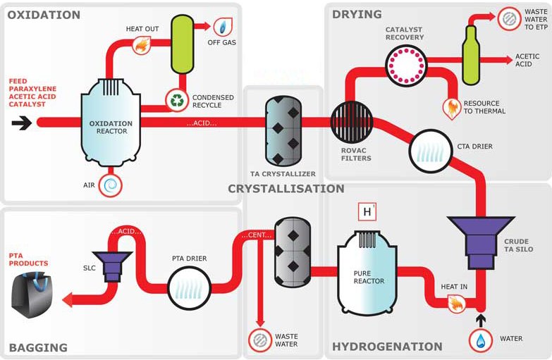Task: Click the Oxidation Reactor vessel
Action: pos(111,127)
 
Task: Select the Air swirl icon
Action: pos(111,185)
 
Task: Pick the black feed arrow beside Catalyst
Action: pos(21,123)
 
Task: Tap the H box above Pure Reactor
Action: pos(367,211)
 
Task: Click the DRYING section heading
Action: pos(357,14)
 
